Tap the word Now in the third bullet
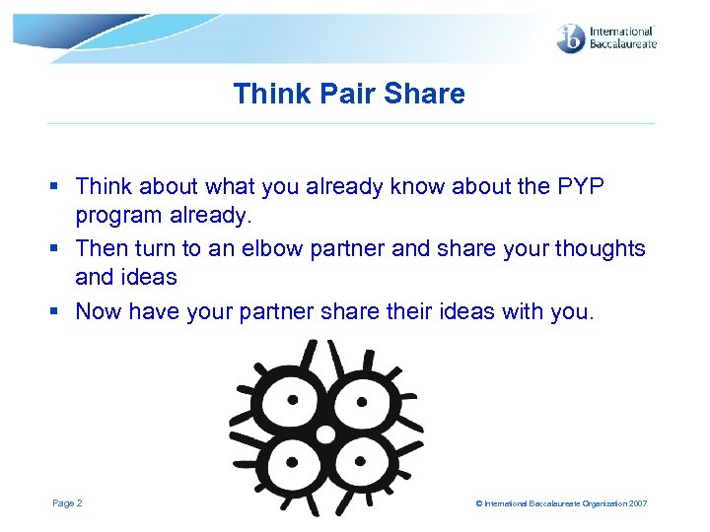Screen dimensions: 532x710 [100, 311]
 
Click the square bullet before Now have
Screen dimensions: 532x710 [59, 312]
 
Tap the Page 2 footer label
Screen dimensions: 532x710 [67, 503]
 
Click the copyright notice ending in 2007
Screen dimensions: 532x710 [561, 503]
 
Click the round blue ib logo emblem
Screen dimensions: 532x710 [571, 39]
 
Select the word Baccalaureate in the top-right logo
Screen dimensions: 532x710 [621, 44]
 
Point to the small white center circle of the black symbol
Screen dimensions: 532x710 [326, 432]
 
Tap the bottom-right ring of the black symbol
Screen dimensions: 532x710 [360, 460]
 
